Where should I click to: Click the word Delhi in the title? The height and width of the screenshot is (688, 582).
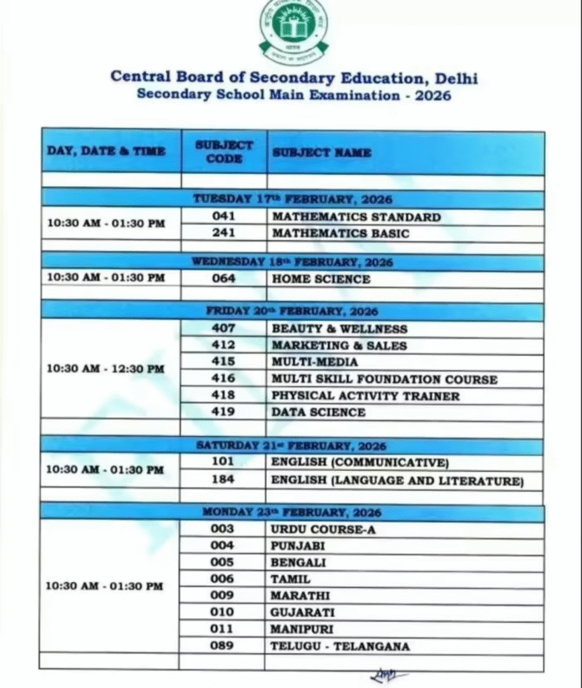[x=456, y=77]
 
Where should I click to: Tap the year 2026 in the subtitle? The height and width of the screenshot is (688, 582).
[x=433, y=95]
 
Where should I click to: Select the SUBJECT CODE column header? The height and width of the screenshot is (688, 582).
[x=224, y=152]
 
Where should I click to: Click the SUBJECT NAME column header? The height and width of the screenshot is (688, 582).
[x=321, y=153]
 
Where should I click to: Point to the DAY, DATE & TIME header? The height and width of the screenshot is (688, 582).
[x=106, y=151]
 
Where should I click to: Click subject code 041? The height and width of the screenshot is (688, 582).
[x=223, y=217]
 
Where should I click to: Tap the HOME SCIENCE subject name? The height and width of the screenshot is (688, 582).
[x=321, y=279]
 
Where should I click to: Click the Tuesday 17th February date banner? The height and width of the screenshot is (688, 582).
[x=292, y=200]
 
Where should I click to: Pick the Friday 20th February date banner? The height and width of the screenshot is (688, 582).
[x=292, y=312]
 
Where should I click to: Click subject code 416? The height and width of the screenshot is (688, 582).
[x=223, y=379]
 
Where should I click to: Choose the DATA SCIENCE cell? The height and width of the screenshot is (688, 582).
[x=319, y=412]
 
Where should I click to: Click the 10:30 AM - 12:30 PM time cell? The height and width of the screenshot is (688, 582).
[x=105, y=369]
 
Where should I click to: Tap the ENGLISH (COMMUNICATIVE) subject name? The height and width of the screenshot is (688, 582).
[x=360, y=462]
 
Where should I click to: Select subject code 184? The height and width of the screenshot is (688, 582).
[x=223, y=480]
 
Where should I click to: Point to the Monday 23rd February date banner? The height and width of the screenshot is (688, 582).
[x=292, y=513]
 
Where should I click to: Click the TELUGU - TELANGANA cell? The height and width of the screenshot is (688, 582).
[x=340, y=646]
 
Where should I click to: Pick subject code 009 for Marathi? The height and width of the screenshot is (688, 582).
[x=222, y=595]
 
